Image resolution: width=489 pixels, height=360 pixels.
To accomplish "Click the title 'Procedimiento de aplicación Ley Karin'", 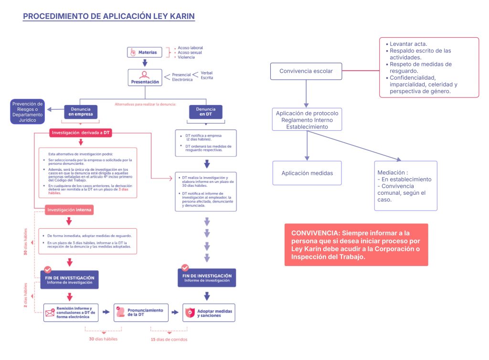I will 109,16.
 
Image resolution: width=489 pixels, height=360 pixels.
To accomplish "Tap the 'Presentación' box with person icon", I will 144,78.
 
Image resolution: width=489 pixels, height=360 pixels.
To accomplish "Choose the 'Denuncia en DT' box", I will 206,112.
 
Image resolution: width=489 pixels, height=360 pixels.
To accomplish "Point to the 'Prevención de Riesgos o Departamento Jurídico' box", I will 27,112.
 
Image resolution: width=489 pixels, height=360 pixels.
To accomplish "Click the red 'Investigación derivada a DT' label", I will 80,133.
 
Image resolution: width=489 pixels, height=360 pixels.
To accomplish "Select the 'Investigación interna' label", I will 69,210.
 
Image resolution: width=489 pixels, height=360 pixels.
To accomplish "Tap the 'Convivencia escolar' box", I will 306,72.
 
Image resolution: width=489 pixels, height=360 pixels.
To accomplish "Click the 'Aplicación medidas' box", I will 307,173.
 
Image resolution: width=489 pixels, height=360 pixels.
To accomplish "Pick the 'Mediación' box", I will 405,186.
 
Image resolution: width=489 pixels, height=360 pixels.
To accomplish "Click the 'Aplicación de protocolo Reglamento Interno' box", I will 307,120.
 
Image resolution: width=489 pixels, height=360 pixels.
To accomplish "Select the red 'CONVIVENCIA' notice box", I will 356,245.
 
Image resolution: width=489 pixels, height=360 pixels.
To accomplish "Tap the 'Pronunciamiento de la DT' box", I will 141,312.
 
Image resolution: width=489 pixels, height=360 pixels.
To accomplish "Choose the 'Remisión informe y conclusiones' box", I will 71,312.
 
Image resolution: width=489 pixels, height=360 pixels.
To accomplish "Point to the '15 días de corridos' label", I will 169,339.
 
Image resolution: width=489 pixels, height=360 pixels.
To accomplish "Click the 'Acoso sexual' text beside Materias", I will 190,53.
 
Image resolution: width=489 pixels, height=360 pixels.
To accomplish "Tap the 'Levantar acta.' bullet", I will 408,43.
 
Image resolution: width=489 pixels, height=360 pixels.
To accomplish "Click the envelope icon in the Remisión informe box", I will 50,313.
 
